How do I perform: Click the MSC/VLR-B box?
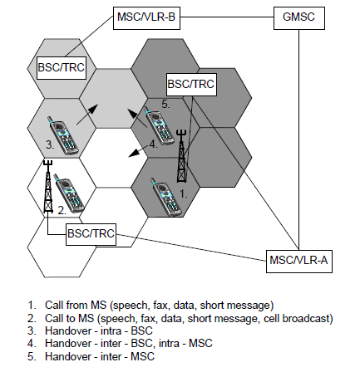[x=146, y=18]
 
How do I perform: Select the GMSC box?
[x=299, y=18]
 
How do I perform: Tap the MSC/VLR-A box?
[x=299, y=262]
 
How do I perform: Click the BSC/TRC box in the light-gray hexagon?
[x=62, y=68]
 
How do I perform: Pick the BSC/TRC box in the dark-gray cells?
[x=191, y=85]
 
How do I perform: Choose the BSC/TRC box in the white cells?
[x=91, y=234]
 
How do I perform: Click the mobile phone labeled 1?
[x=166, y=197]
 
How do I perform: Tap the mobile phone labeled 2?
[x=68, y=193]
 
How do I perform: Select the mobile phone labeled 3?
[x=63, y=136]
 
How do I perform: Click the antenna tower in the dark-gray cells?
[x=182, y=156]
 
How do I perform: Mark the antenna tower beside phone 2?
[x=48, y=187]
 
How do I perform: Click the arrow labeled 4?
[x=138, y=151]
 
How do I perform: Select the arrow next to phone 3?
[x=87, y=115]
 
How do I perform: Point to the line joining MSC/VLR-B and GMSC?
[x=227, y=17]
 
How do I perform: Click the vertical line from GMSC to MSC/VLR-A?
[x=298, y=139]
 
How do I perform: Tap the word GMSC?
[x=298, y=17]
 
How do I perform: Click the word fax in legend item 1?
[x=160, y=305]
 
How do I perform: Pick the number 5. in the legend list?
[x=32, y=356]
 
